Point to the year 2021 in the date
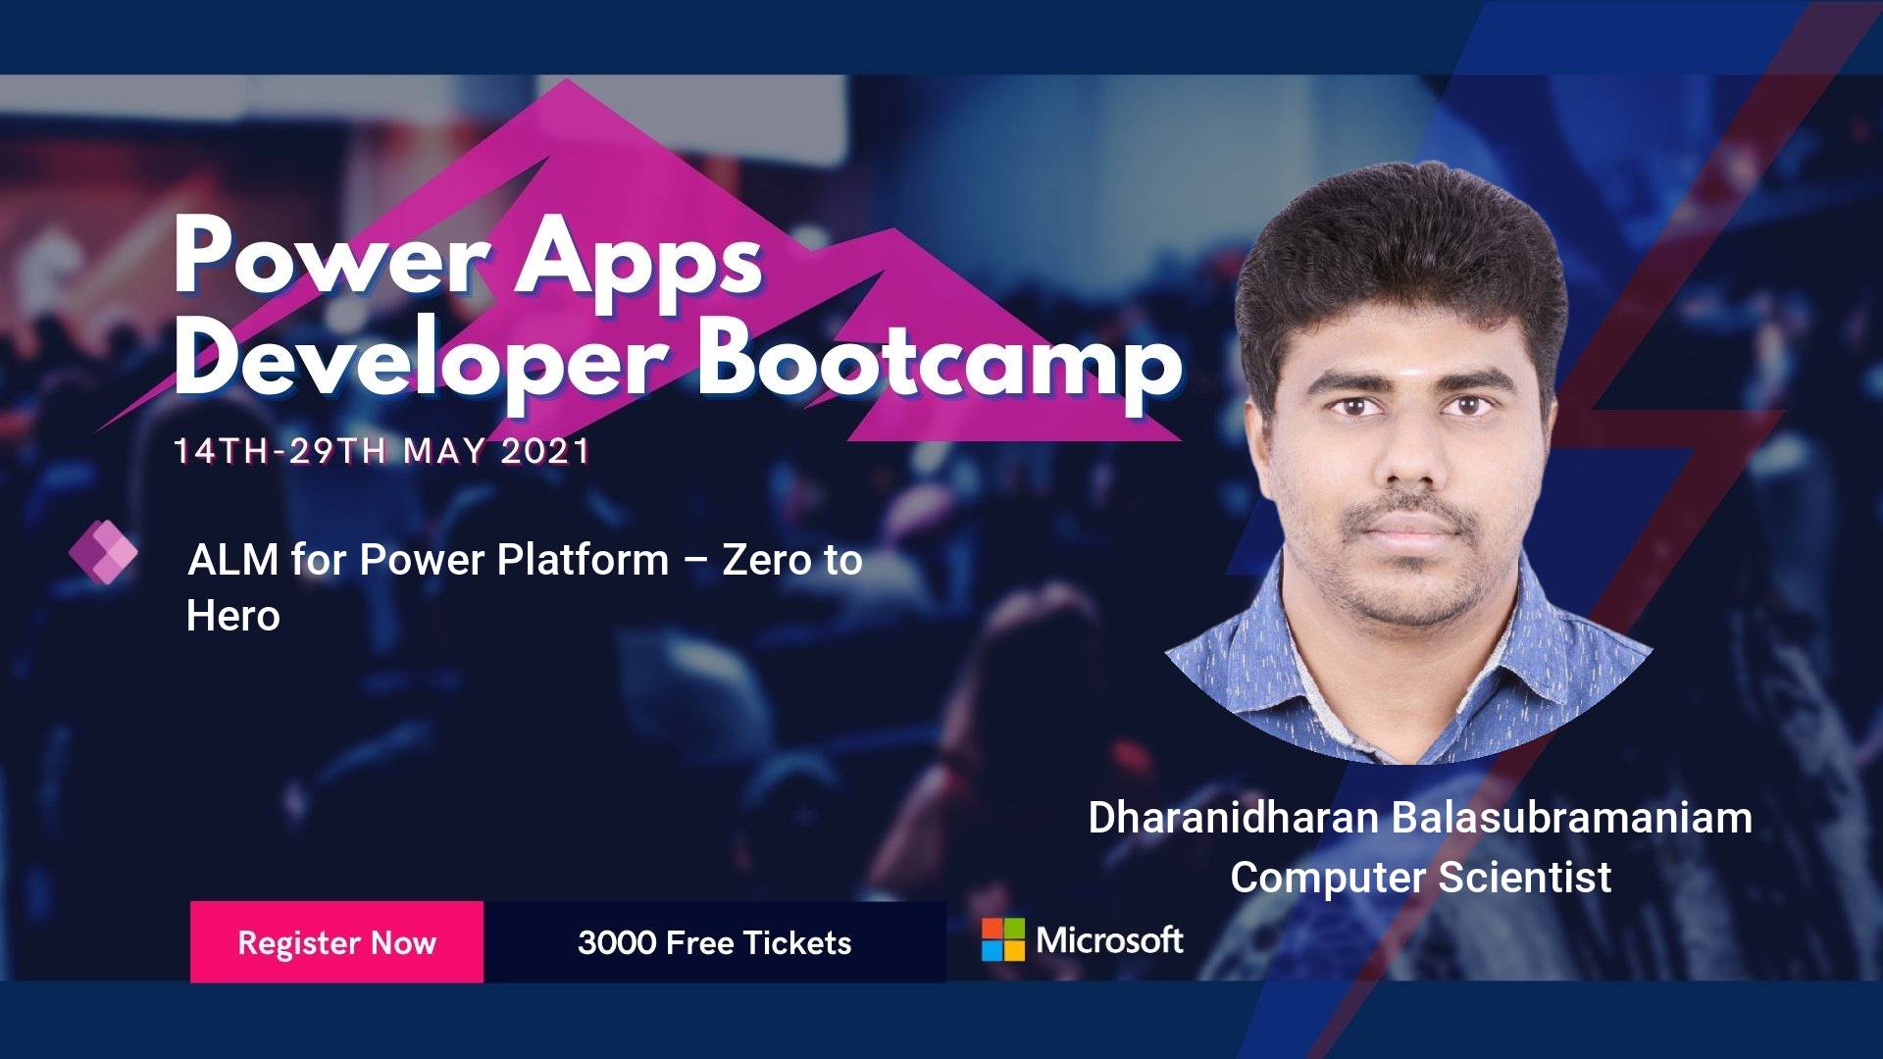545,451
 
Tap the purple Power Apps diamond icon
104,553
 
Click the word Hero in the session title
233,617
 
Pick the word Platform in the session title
583,560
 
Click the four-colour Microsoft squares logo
1003,939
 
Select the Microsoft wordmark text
1110,940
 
